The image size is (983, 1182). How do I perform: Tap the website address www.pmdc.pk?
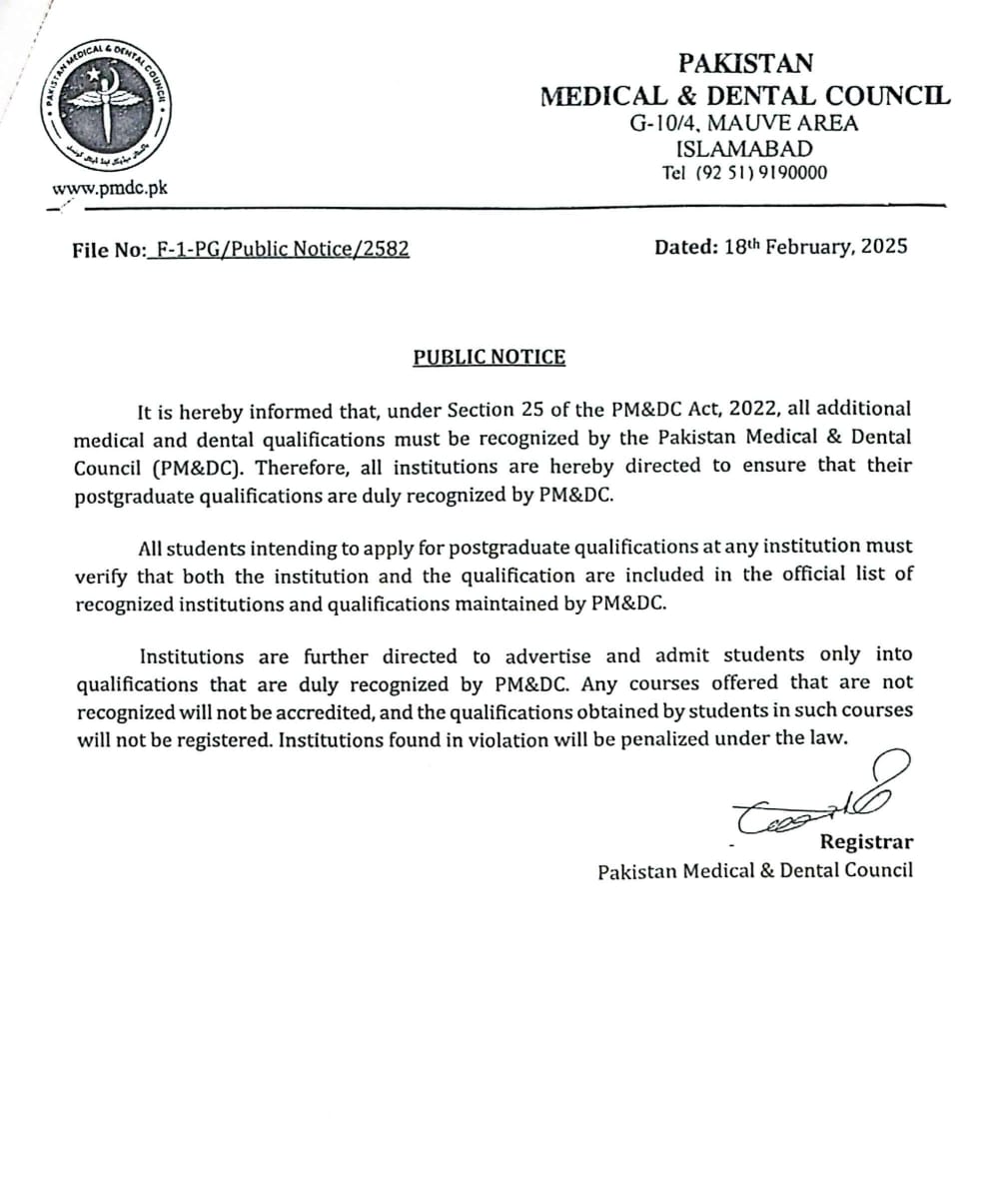click(110, 188)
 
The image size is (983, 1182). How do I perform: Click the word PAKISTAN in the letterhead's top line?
click(745, 63)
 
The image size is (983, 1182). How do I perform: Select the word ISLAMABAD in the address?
click(744, 149)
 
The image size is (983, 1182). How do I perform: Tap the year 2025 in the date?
click(881, 246)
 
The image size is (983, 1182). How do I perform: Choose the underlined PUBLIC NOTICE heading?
click(490, 357)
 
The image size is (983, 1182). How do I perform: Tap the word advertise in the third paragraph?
click(547, 656)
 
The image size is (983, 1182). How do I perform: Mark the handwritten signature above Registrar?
click(813, 798)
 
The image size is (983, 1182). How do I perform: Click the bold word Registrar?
click(866, 841)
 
